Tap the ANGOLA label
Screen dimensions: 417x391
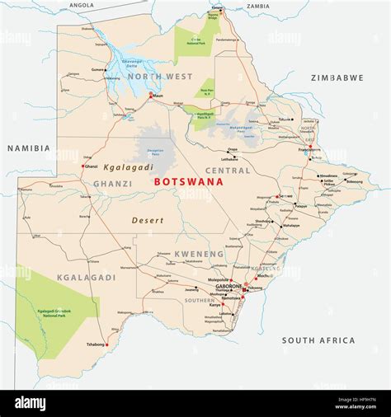point(82,5)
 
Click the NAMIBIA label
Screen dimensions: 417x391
point(29,148)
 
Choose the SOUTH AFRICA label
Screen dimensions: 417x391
point(318,340)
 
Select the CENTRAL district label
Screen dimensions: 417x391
point(227,171)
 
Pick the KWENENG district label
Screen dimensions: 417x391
point(199,254)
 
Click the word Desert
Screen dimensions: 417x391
point(148,220)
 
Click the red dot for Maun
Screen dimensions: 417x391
point(150,96)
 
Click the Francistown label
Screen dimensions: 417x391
point(310,149)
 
